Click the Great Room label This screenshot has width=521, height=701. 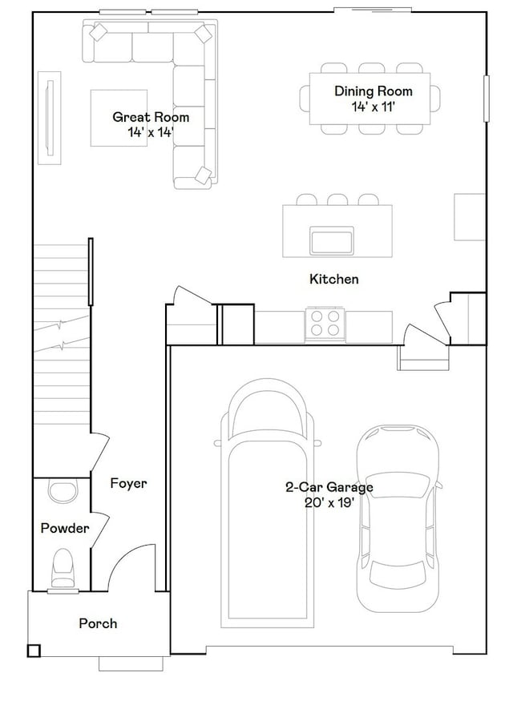151,117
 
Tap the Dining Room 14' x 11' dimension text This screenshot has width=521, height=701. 374,107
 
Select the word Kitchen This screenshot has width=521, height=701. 334,279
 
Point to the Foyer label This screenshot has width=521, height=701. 128,483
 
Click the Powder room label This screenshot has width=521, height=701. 65,528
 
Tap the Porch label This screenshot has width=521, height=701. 98,623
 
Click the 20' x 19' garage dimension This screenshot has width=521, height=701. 329,502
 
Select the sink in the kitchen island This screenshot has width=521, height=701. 332,240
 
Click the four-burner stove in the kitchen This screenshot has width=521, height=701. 325,324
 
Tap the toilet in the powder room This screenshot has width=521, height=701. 63,567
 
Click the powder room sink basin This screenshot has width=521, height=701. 62,492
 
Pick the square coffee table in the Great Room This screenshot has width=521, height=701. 119,118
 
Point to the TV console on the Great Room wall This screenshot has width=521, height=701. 49,118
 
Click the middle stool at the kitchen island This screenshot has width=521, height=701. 337,199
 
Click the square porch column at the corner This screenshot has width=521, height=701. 34,651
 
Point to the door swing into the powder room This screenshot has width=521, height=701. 101,530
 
